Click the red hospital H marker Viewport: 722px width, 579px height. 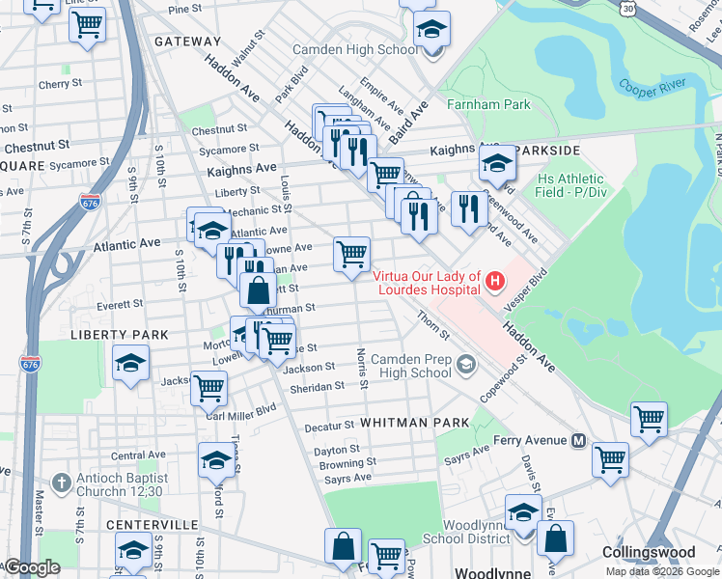click(x=495, y=282)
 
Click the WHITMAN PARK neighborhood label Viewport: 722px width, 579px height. click(x=414, y=423)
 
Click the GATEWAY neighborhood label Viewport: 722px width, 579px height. click(x=187, y=41)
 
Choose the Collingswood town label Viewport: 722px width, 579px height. click(x=648, y=552)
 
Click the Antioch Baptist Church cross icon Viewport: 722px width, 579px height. click(x=60, y=482)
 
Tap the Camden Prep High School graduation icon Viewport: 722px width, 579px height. click(x=467, y=364)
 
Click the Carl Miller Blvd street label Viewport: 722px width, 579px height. click(x=247, y=407)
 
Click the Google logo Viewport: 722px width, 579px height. click(x=32, y=567)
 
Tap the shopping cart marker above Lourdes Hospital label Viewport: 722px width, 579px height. click(x=352, y=255)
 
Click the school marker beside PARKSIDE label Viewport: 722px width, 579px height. click(x=498, y=165)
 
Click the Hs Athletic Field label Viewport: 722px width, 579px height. click(x=571, y=185)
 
